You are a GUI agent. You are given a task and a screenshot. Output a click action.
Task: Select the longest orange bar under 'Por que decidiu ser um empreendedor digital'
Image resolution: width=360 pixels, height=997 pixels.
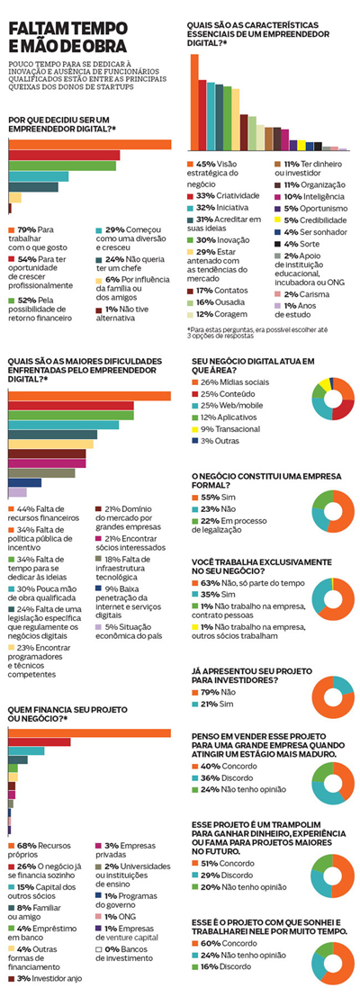[90, 145]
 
